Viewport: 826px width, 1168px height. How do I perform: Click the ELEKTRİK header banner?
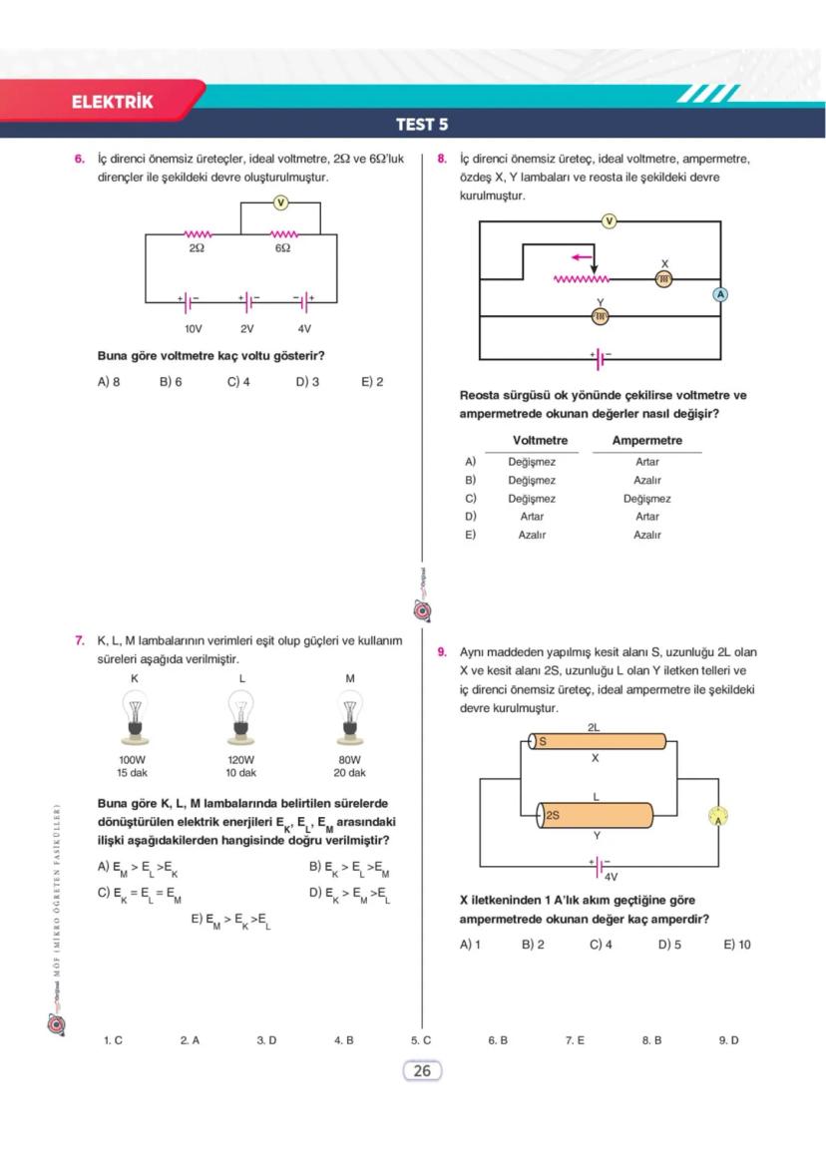112,102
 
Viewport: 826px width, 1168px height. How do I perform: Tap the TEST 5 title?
421,125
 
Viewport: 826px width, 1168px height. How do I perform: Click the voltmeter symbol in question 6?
280,203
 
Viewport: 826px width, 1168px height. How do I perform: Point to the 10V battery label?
193,328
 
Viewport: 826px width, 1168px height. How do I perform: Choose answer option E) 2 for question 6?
372,382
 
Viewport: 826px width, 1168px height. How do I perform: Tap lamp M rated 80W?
350,719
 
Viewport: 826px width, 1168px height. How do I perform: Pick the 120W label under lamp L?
240,759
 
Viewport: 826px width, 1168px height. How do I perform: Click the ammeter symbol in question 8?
719,293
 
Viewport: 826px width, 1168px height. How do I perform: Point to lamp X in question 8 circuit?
664,279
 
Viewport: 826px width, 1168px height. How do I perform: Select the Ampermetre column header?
646,441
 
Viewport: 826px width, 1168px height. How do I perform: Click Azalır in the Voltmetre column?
532,536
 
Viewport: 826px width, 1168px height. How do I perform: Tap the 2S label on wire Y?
553,815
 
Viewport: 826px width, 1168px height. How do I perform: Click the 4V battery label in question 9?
611,878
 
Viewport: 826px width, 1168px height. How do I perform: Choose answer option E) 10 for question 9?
736,945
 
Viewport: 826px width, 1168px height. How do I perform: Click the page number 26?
421,1071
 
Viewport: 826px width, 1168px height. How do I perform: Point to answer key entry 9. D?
728,1040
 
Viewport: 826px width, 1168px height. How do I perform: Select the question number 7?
79,640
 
